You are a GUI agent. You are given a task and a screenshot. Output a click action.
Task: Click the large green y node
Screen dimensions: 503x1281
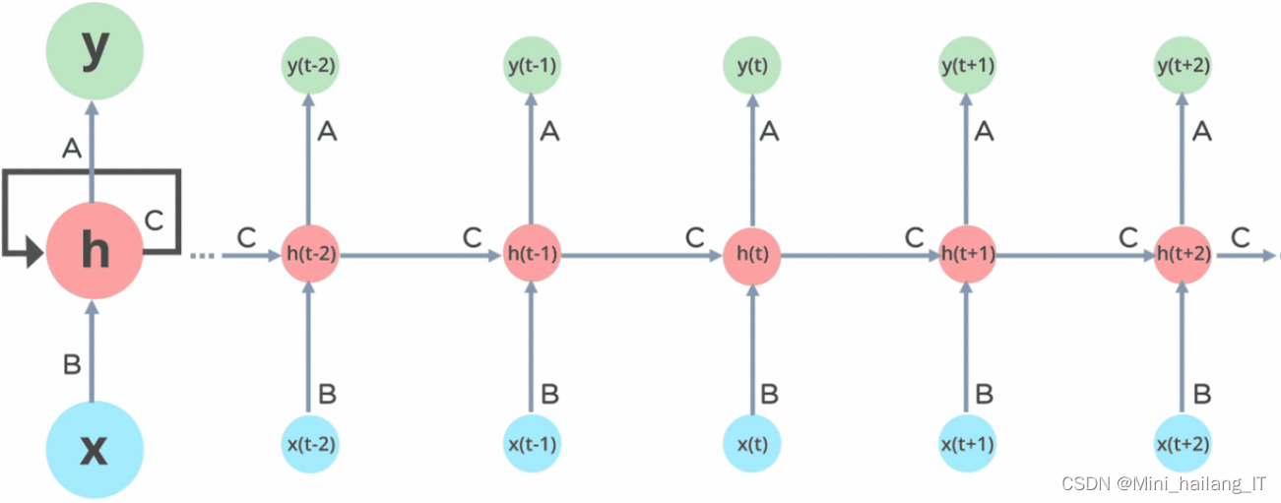click(x=95, y=51)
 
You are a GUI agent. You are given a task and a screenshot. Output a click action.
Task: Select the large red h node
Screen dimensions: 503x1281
click(x=95, y=252)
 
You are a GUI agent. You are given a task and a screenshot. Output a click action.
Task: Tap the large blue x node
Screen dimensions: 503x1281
click(x=95, y=449)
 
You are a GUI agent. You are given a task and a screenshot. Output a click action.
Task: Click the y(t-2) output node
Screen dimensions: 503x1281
click(x=311, y=66)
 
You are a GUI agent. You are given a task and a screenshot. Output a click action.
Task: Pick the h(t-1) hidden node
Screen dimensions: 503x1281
click(x=532, y=254)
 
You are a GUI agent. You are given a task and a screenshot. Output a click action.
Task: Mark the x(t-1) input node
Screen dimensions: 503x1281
click(x=532, y=442)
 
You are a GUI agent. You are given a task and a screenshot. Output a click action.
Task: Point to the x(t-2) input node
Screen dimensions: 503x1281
click(x=311, y=442)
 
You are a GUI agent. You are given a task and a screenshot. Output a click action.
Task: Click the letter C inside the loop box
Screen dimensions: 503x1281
click(x=154, y=220)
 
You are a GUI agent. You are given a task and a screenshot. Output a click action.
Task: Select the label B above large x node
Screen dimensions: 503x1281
click(x=71, y=365)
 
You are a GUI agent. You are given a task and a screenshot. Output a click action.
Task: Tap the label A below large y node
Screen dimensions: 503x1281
click(x=71, y=148)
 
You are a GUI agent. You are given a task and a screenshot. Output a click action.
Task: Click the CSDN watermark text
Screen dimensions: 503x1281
click(x=1164, y=483)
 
